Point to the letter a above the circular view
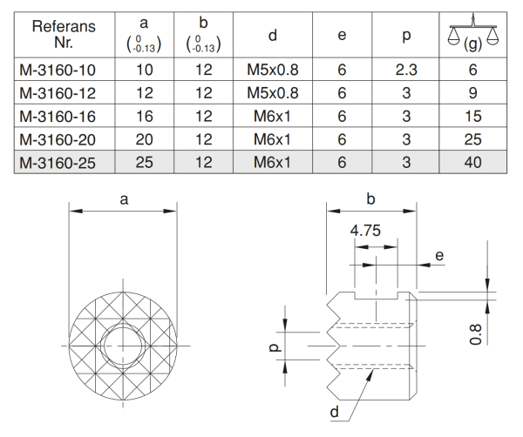tap(124, 198)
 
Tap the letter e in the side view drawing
tap(439, 255)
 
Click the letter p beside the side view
tap(273, 347)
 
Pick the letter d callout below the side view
tap(335, 413)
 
